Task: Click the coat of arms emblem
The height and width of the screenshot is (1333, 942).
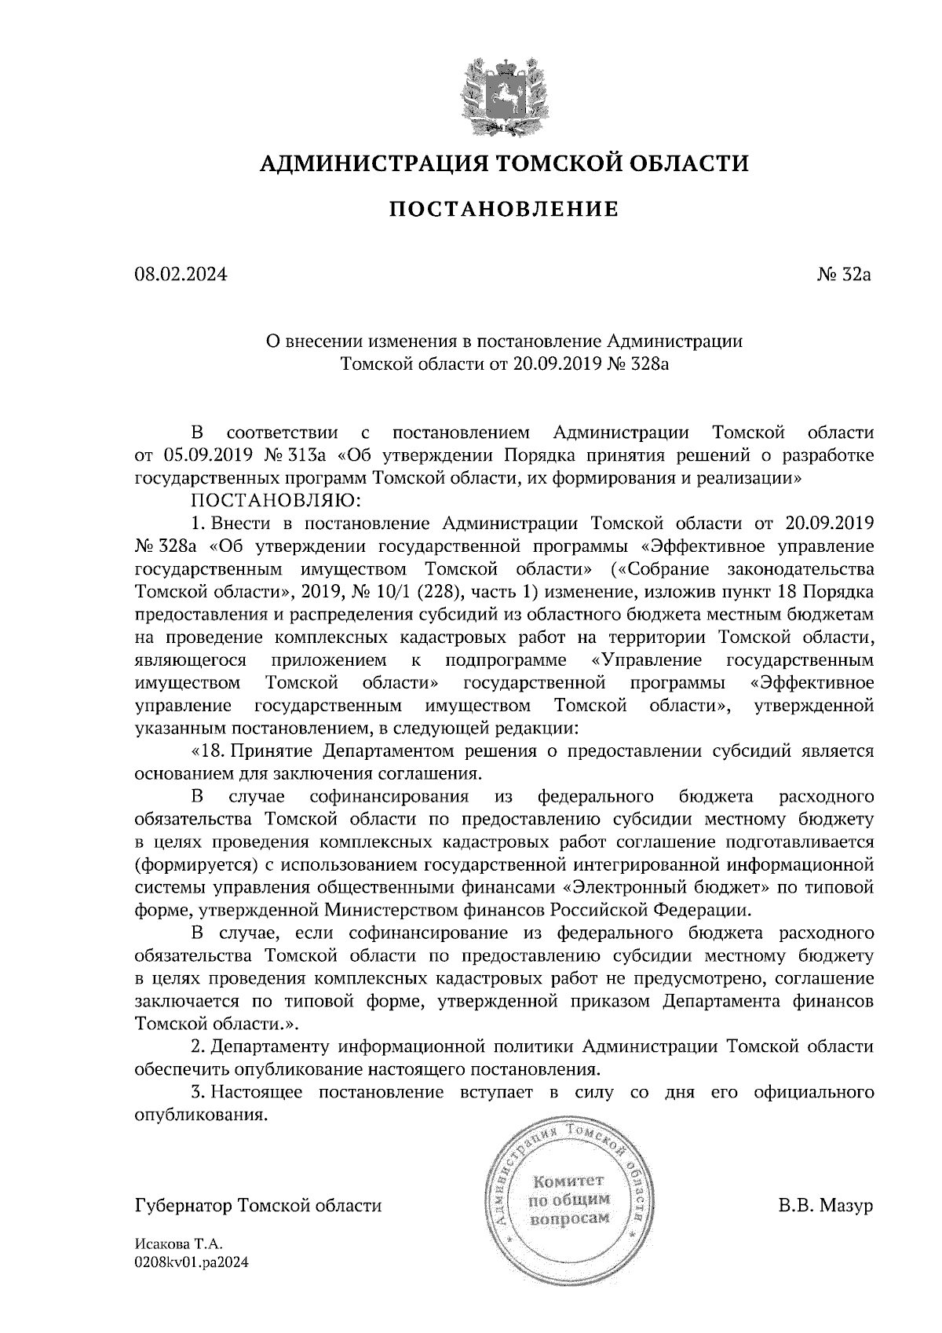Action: tap(503, 94)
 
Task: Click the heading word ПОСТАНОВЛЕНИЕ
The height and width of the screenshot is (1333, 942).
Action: tap(505, 209)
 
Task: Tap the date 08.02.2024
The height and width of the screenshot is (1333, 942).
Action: tap(181, 276)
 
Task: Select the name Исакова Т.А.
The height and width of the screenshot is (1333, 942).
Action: tap(179, 1245)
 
